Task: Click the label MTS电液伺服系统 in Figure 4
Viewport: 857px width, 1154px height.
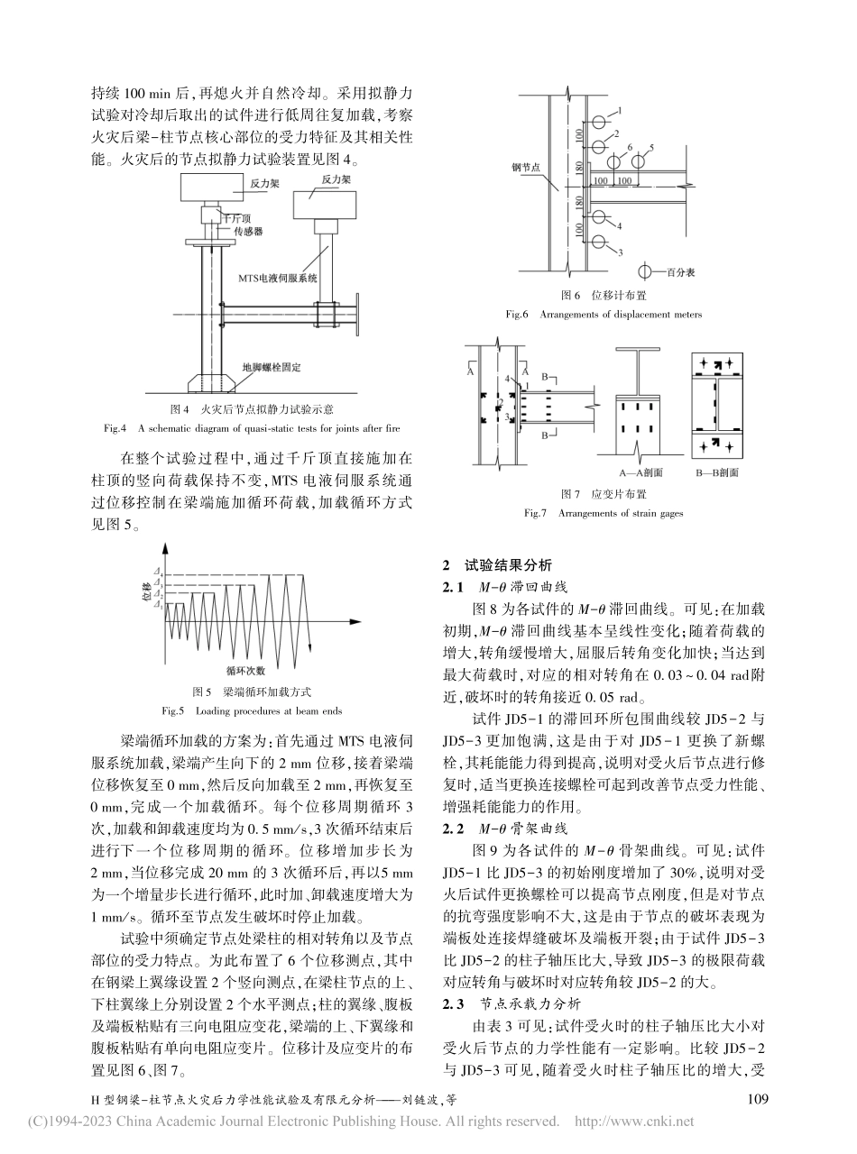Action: pyautogui.click(x=276, y=279)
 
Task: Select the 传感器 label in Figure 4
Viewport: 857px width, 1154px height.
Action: pyautogui.click(x=244, y=232)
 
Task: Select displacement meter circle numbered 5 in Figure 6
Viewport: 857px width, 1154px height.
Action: pyautogui.click(x=638, y=162)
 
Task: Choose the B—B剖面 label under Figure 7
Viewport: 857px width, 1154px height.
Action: pyautogui.click(x=718, y=472)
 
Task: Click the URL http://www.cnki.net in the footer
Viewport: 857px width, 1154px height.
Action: pyautogui.click(x=635, y=1123)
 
